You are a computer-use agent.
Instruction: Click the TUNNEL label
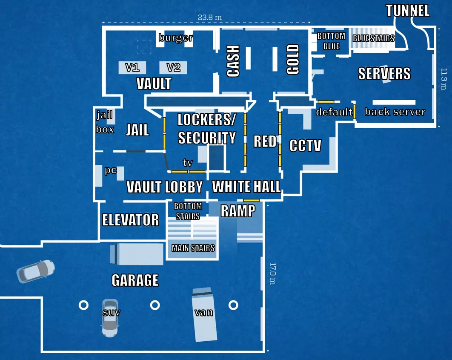tap(408, 11)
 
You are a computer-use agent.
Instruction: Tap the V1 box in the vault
tap(132, 67)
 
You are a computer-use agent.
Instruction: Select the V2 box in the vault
tap(173, 67)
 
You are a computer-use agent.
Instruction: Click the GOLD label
tap(293, 60)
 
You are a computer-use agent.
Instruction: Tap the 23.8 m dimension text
tap(209, 17)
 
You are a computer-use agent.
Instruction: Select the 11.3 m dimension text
tap(443, 79)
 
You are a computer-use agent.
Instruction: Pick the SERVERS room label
tap(384, 74)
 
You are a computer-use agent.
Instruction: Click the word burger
tap(175, 38)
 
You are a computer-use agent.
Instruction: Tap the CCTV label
tap(305, 146)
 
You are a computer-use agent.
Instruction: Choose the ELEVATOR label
tap(130, 220)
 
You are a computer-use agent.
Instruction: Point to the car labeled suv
tap(110, 317)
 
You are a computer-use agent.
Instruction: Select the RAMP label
tap(238, 210)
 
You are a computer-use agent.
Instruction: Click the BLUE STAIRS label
tap(373, 38)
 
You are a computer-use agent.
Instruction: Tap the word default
tap(334, 112)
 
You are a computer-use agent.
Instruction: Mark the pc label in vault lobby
tap(111, 170)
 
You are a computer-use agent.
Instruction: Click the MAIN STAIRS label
tap(193, 248)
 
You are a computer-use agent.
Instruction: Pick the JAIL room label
tap(137, 130)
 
